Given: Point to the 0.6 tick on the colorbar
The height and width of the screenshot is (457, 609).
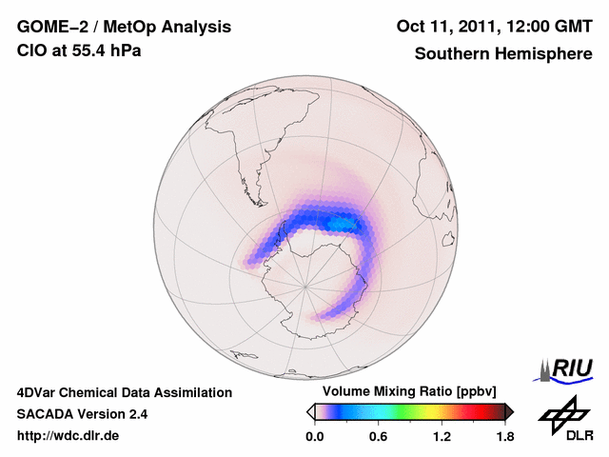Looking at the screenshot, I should (x=378, y=437).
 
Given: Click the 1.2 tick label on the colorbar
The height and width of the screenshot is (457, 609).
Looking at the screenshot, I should (x=442, y=437).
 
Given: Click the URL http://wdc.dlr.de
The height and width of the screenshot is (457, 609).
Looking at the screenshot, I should (x=69, y=436).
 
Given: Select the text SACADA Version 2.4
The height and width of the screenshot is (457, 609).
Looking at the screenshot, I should (x=82, y=414).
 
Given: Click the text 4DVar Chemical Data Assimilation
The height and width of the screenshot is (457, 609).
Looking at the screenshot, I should (x=124, y=392).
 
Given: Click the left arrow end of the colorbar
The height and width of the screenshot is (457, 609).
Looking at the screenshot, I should (x=310, y=411).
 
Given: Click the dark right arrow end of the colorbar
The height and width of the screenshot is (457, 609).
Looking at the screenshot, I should (x=509, y=411).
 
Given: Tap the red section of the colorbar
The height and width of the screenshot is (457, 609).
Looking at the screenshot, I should (x=476, y=411).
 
